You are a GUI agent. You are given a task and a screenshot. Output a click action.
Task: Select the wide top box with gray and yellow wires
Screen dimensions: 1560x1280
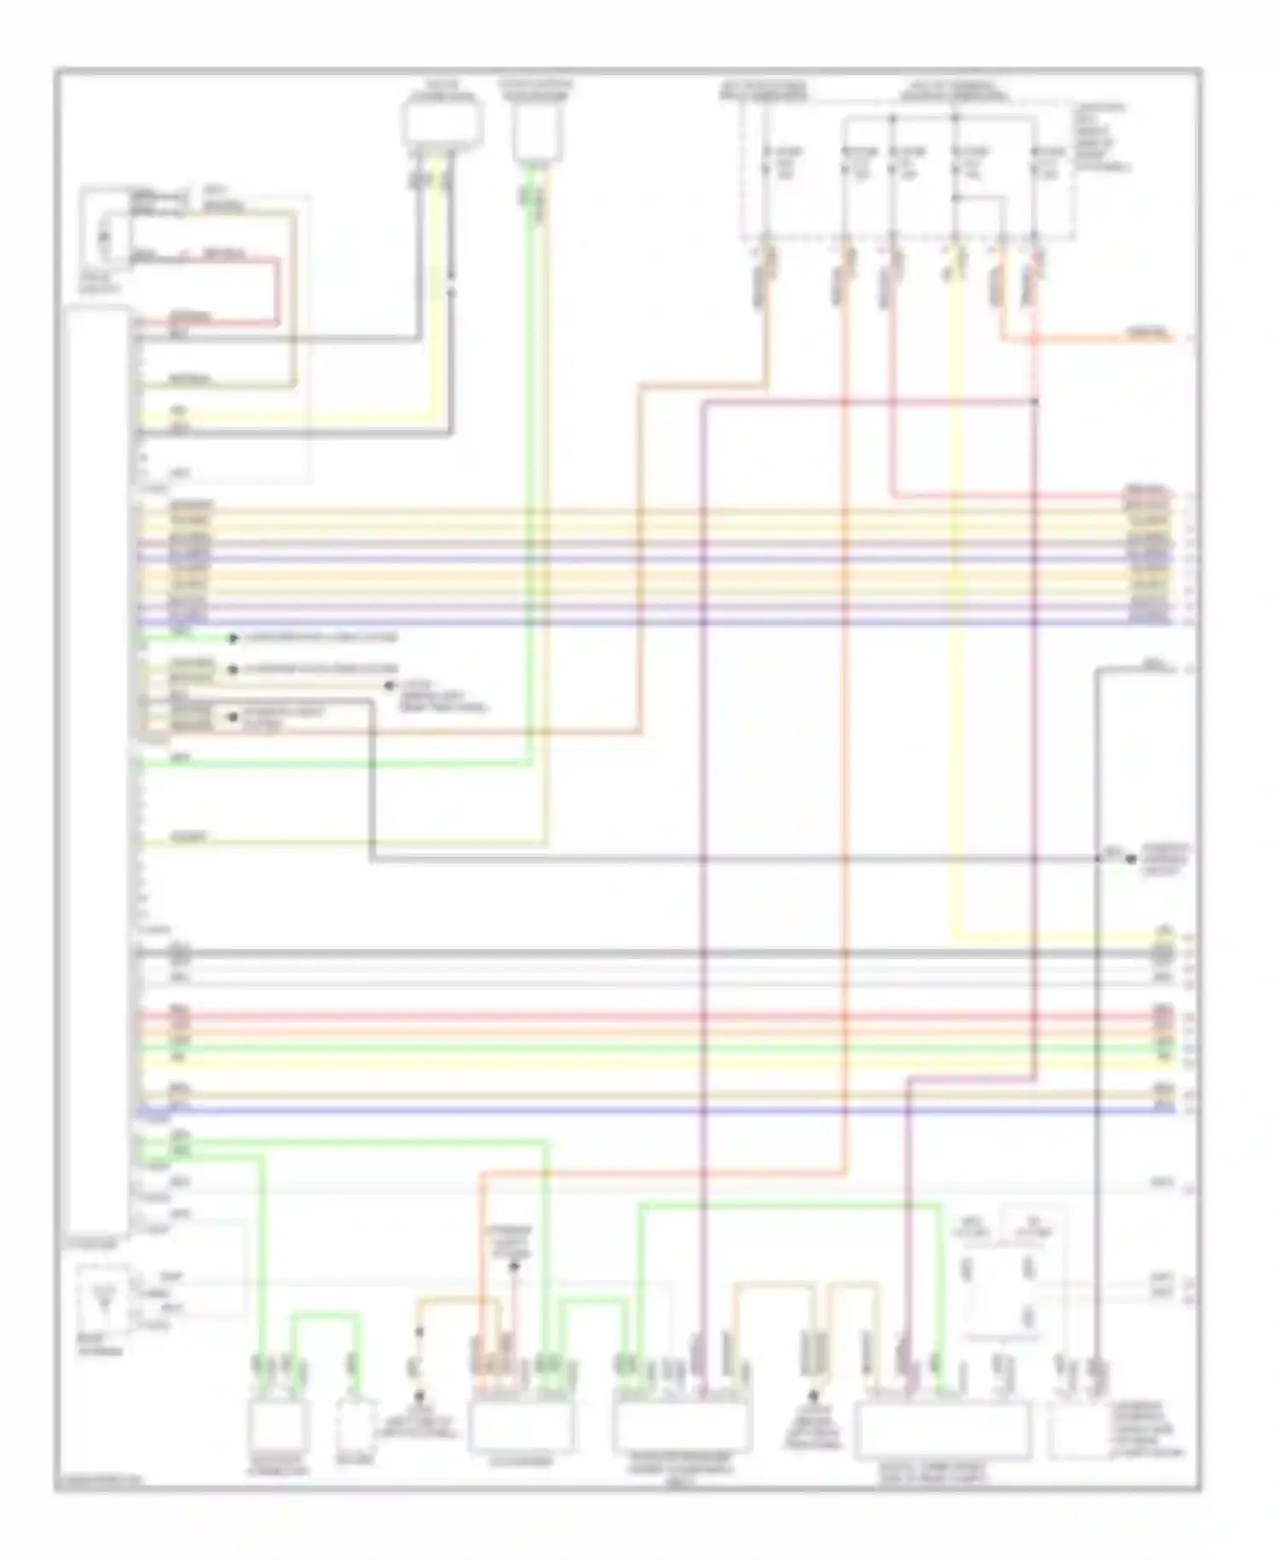tap(441, 124)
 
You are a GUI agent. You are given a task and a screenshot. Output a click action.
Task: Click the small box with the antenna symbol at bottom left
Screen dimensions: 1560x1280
tap(103, 1298)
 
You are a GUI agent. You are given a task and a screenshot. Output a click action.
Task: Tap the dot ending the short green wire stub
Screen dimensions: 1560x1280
tap(232, 638)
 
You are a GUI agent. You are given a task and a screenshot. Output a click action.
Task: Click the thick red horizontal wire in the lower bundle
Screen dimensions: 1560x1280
tap(649, 1016)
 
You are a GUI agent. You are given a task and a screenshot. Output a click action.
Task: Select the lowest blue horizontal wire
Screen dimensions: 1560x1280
tap(649, 1110)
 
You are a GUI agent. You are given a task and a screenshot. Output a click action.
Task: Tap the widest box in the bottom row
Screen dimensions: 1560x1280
tap(944, 1431)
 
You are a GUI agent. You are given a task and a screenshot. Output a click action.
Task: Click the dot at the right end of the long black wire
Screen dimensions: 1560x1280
tap(1132, 859)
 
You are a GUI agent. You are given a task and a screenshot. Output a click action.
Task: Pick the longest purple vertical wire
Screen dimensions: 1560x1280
tap(704, 853)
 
